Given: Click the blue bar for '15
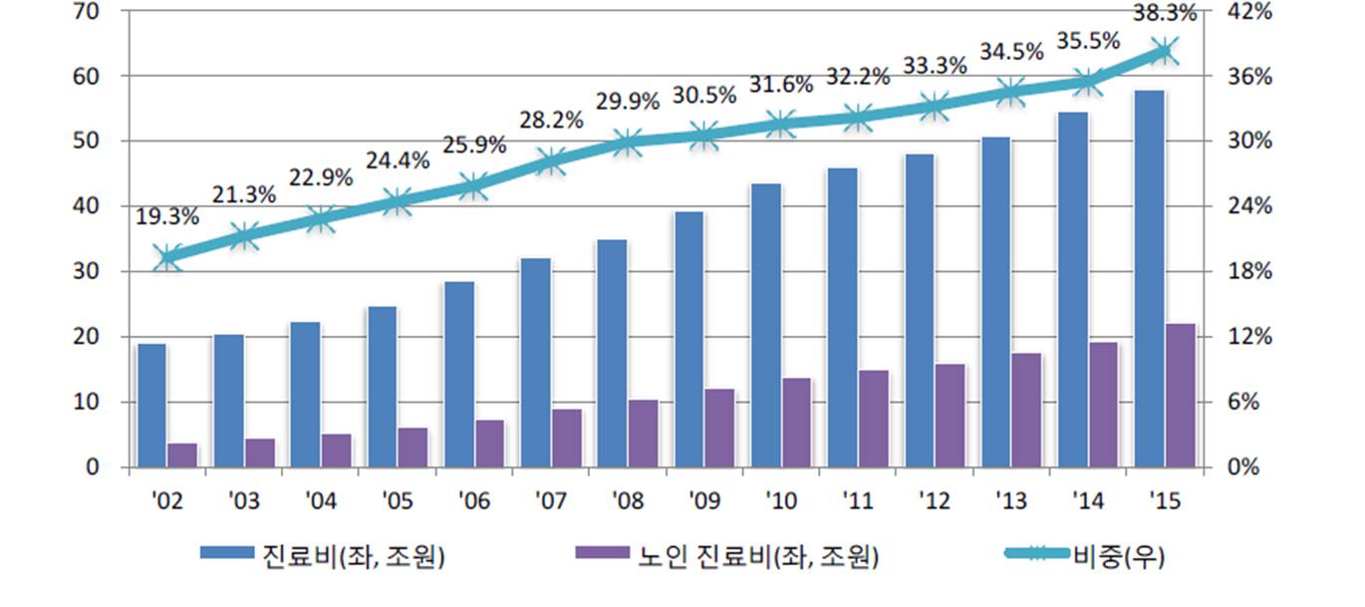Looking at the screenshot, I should tap(1149, 279).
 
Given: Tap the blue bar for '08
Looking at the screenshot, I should tap(613, 354).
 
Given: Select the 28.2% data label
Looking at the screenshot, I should tap(551, 121).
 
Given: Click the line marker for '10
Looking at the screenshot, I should tap(781, 125).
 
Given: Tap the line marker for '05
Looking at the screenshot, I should tap(398, 201).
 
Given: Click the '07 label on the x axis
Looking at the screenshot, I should tap(550, 501).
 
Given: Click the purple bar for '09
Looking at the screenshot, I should tap(719, 429).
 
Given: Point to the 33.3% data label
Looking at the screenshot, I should tap(935, 66).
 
